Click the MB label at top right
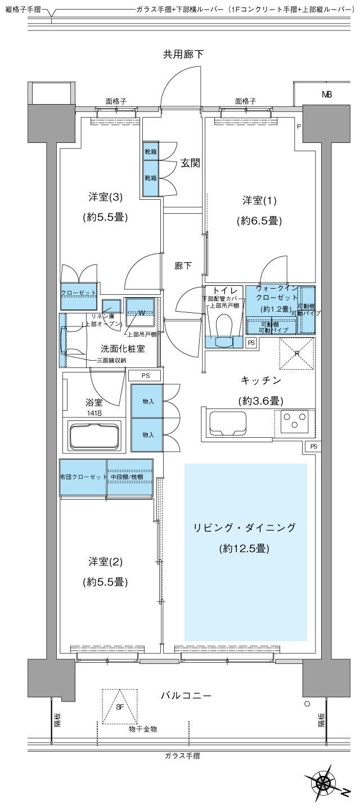click(x=326, y=95)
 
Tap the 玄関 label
click(x=188, y=163)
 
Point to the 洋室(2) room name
click(x=105, y=562)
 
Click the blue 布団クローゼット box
click(x=83, y=478)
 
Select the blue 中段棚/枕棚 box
click(x=130, y=478)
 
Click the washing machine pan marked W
click(x=139, y=312)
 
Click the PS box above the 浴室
click(x=146, y=375)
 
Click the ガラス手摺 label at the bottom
click(x=180, y=756)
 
